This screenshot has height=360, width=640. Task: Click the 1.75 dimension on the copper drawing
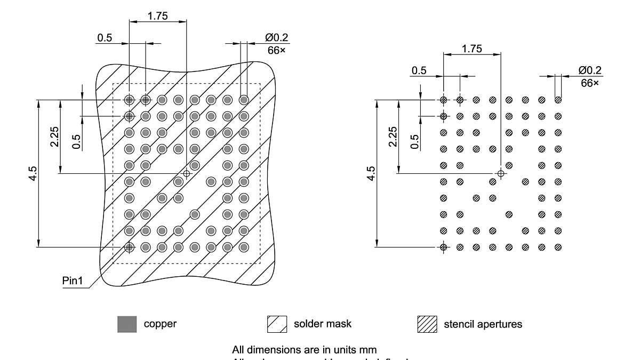tap(157, 16)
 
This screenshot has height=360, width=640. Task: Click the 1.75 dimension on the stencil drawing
tap(471, 49)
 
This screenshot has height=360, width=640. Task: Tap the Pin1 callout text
tap(73, 281)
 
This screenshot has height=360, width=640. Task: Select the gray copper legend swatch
tap(127, 324)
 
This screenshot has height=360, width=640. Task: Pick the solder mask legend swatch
tap(277, 324)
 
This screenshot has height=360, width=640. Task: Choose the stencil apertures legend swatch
tap(427, 324)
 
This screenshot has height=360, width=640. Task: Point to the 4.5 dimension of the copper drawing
tap(33, 174)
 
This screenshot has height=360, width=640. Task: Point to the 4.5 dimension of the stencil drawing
tap(371, 174)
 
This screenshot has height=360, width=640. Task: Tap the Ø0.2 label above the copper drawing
tap(276, 37)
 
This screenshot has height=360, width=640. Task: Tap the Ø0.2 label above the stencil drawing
tap(589, 70)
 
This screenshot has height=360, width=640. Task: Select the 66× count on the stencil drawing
tap(589, 83)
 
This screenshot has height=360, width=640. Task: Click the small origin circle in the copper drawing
tap(186, 173)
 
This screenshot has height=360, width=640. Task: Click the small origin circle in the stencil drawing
tap(500, 173)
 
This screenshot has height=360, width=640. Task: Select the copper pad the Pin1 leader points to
tap(129, 247)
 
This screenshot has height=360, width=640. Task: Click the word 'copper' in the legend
tap(160, 324)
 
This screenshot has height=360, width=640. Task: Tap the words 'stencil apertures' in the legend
tap(483, 324)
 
